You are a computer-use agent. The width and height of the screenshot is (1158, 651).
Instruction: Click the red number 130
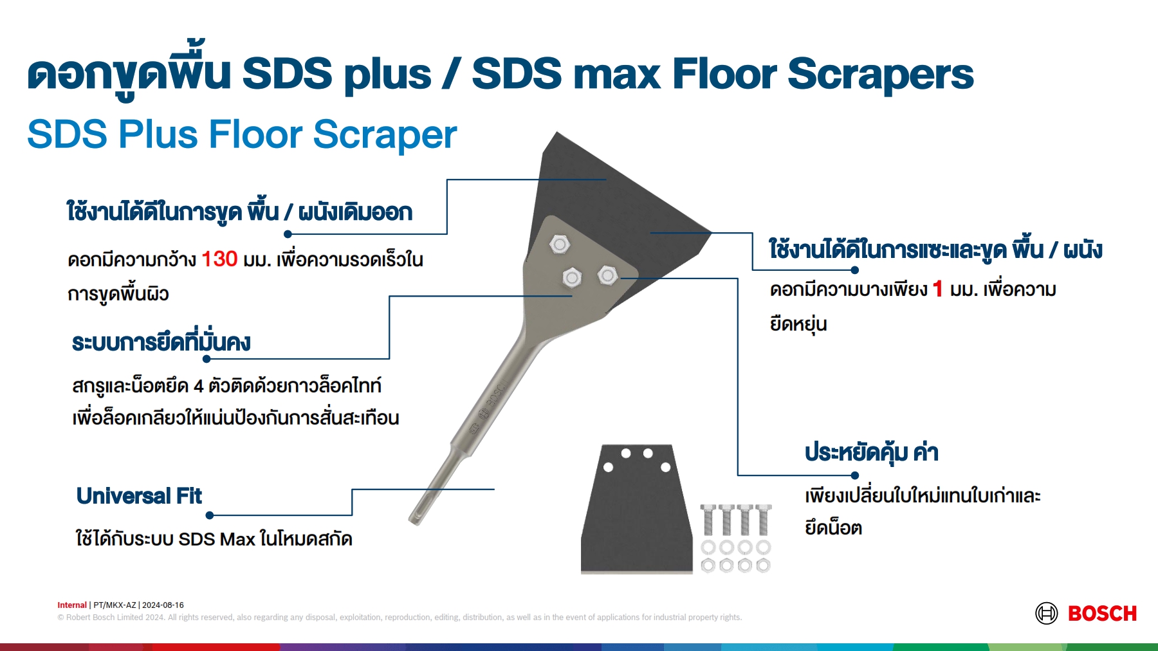pyautogui.click(x=219, y=259)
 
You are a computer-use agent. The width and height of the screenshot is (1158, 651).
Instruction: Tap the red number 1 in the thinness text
pyautogui.click(x=937, y=289)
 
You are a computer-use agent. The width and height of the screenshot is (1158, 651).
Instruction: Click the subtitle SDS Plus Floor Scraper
pyautogui.click(x=242, y=134)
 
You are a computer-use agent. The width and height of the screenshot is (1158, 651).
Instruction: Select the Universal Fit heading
pyautogui.click(x=139, y=496)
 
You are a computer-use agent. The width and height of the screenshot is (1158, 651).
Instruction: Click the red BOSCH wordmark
pyautogui.click(x=1102, y=614)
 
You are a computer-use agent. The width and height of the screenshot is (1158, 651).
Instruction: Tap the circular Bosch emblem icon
pyautogui.click(x=1047, y=614)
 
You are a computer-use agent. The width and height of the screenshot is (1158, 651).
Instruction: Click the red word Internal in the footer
pyautogui.click(x=72, y=605)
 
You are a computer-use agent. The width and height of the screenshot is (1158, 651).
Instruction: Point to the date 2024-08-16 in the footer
pyautogui.click(x=163, y=605)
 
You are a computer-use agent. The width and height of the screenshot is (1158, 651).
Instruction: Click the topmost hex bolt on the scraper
pyautogui.click(x=560, y=244)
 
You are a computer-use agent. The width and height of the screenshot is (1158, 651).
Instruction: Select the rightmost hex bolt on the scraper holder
pyautogui.click(x=607, y=276)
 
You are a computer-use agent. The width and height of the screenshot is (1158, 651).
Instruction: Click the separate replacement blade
pyautogui.click(x=636, y=508)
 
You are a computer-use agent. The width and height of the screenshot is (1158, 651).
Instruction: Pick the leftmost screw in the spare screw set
pyautogui.click(x=708, y=520)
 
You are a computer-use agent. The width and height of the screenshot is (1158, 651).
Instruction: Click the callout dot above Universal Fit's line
pyautogui.click(x=210, y=515)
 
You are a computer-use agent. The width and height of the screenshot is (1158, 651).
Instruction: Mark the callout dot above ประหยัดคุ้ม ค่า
pyautogui.click(x=855, y=475)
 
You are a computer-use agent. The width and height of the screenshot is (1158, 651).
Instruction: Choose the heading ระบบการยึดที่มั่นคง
pyautogui.click(x=161, y=342)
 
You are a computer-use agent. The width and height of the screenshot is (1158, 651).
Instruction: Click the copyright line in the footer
pyautogui.click(x=400, y=618)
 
